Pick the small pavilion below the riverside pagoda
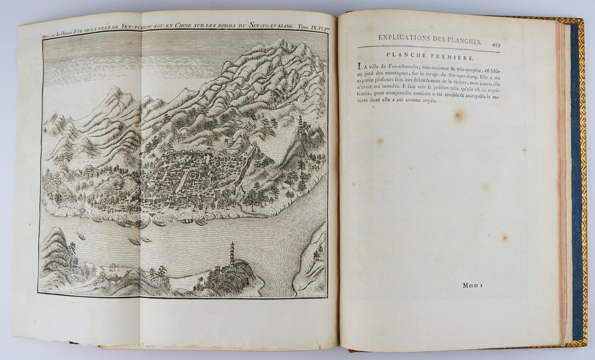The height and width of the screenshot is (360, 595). click(x=200, y=281)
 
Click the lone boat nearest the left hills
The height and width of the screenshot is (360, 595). click(x=79, y=236)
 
